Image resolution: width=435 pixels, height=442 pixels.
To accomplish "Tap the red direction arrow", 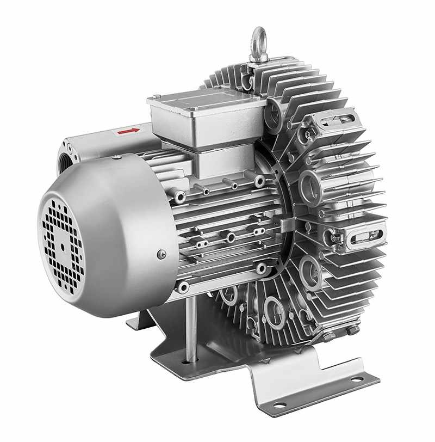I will (x=129, y=131).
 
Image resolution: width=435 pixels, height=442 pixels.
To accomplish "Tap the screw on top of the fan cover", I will (x=116, y=157).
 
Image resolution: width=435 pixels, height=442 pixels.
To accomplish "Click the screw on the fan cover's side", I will (x=161, y=254).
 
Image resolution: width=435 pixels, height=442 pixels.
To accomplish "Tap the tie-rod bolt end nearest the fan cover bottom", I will (x=183, y=287).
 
